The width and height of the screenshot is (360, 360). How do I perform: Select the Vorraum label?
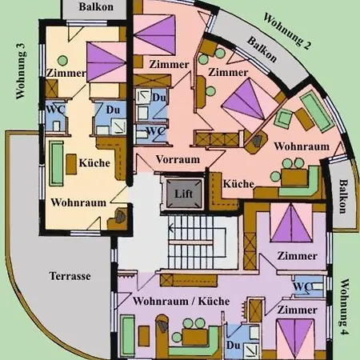click(x=178, y=159)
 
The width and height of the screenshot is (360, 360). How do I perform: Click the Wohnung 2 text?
click(x=286, y=30)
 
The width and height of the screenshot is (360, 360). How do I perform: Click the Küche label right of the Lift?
click(x=238, y=183)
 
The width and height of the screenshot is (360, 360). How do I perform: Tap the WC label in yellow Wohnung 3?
click(x=56, y=109)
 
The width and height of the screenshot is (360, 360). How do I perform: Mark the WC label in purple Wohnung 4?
click(x=302, y=286)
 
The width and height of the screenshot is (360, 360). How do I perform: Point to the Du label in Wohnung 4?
click(x=234, y=346)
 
